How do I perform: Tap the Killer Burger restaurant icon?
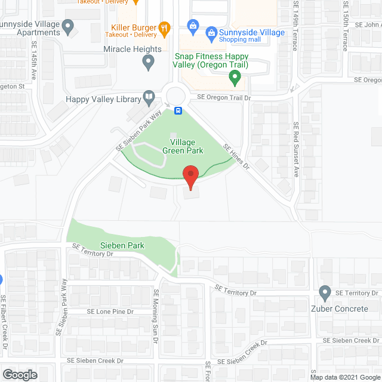165,27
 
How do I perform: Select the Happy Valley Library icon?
148,98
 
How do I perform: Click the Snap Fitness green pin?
235,76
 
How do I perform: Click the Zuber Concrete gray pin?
325,293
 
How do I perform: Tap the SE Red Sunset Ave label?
295,149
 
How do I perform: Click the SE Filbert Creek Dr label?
4,322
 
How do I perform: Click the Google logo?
19,374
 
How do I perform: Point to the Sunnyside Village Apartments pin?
67,26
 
